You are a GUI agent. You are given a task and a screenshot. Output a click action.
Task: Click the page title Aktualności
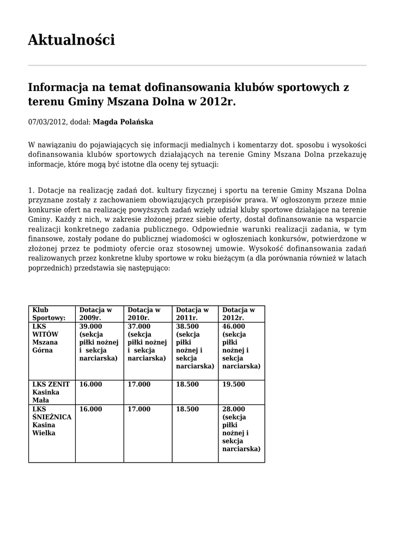click(71, 40)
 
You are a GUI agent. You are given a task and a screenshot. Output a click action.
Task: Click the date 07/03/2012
click(47, 122)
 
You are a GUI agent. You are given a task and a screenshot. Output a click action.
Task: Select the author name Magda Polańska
click(123, 122)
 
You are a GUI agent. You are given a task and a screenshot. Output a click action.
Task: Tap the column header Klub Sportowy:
click(48, 313)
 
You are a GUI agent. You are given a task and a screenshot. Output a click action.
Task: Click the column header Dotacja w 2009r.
click(95, 313)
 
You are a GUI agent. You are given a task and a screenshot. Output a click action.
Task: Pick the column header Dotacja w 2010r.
click(144, 313)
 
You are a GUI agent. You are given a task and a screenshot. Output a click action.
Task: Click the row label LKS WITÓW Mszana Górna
click(45, 338)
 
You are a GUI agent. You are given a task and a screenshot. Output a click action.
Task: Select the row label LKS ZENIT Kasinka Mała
click(47, 392)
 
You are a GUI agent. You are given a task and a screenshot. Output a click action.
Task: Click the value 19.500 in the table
click(234, 384)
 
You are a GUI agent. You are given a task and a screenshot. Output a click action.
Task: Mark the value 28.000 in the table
click(234, 409)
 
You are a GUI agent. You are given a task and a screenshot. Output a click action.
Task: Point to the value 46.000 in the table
click(234, 326)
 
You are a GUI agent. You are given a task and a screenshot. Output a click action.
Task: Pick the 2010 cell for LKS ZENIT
click(139, 384)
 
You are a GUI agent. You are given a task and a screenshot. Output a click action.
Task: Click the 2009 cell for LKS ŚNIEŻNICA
click(90, 409)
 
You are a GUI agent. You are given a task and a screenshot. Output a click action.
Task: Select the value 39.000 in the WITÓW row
click(90, 326)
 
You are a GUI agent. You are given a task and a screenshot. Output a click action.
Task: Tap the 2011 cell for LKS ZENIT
click(187, 384)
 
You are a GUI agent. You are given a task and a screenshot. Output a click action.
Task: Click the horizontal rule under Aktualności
click(197, 65)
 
